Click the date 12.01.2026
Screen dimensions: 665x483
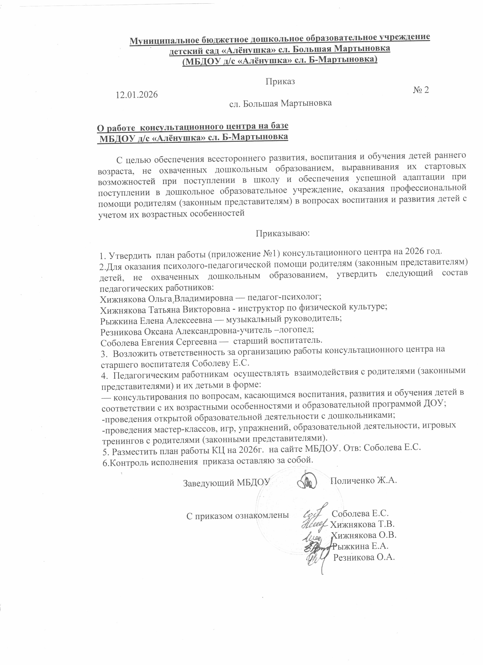(137, 95)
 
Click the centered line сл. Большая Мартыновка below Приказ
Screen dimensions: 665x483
(281, 103)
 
